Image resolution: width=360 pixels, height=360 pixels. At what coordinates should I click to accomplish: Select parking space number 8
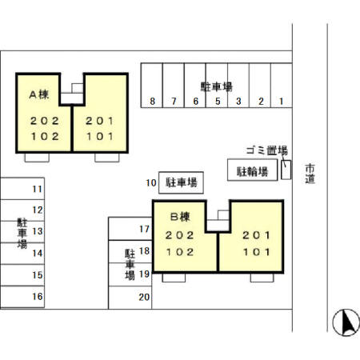click(152, 102)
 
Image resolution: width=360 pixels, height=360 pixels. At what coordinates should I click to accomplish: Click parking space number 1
click(282, 102)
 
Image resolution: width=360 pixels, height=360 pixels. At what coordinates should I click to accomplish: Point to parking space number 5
click(217, 102)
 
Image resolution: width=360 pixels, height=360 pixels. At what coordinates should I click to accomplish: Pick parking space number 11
click(37, 190)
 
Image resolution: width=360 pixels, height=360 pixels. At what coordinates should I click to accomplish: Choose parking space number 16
click(37, 296)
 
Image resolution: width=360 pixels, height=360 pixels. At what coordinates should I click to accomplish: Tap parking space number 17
click(145, 230)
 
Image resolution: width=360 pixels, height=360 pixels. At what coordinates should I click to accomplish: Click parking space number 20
click(144, 297)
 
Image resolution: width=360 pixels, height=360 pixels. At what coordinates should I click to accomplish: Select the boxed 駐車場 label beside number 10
click(182, 183)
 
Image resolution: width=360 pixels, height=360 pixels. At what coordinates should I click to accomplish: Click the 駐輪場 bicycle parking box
click(251, 170)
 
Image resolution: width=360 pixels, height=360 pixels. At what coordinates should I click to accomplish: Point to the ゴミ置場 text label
click(266, 150)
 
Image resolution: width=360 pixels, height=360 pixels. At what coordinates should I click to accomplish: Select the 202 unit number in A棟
click(45, 122)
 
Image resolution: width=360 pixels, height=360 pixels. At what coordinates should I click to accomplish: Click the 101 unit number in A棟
click(100, 136)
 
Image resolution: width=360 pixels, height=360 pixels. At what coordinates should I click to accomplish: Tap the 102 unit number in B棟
click(179, 250)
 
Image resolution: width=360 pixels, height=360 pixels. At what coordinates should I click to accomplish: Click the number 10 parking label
click(150, 183)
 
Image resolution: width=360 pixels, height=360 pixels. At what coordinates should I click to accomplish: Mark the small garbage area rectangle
click(286, 170)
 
